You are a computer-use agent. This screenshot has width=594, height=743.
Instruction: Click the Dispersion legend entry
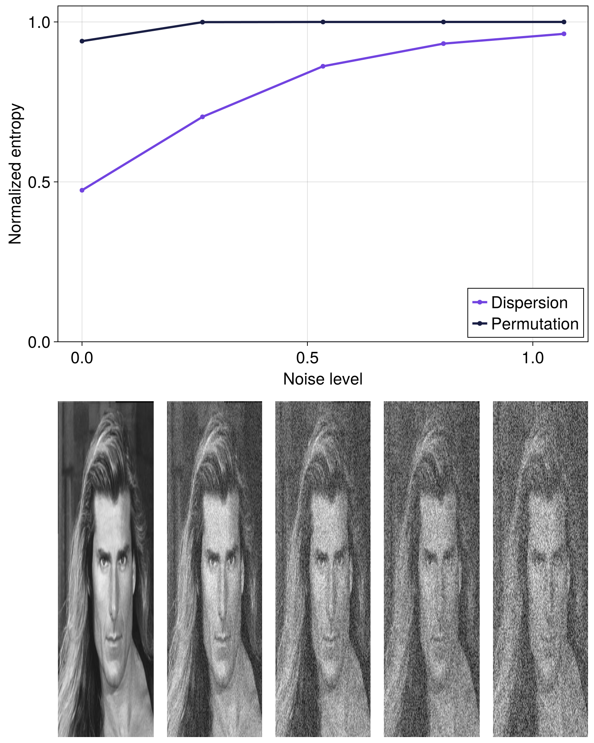(529, 303)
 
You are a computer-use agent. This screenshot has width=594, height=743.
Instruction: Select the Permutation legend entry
(535, 324)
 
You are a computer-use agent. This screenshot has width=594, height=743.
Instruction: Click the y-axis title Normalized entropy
(16, 174)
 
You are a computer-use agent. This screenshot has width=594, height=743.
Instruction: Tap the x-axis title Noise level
(323, 379)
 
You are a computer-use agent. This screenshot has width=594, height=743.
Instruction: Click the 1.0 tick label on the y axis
(39, 22)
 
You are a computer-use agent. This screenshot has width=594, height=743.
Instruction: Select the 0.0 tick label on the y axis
(39, 342)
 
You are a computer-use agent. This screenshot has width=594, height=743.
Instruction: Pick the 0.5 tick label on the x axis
(307, 358)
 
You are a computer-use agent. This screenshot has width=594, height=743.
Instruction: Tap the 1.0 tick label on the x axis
(533, 358)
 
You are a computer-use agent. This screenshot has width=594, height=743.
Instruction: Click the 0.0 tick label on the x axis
(82, 358)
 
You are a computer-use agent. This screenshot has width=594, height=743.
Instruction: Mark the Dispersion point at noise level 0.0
(82, 190)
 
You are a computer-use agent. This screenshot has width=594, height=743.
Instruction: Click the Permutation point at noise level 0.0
(82, 41)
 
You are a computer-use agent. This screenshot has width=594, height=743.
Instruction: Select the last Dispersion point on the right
(564, 34)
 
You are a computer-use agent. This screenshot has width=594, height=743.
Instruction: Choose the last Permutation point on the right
(564, 22)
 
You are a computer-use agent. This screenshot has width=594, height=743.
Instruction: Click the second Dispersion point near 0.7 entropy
(202, 117)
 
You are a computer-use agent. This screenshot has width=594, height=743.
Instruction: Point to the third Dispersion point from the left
(323, 66)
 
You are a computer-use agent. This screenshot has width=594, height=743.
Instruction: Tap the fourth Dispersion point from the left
(443, 43)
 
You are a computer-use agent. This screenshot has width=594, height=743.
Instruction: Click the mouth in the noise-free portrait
(113, 638)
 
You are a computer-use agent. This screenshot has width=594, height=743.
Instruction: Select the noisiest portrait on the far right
(540, 568)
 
